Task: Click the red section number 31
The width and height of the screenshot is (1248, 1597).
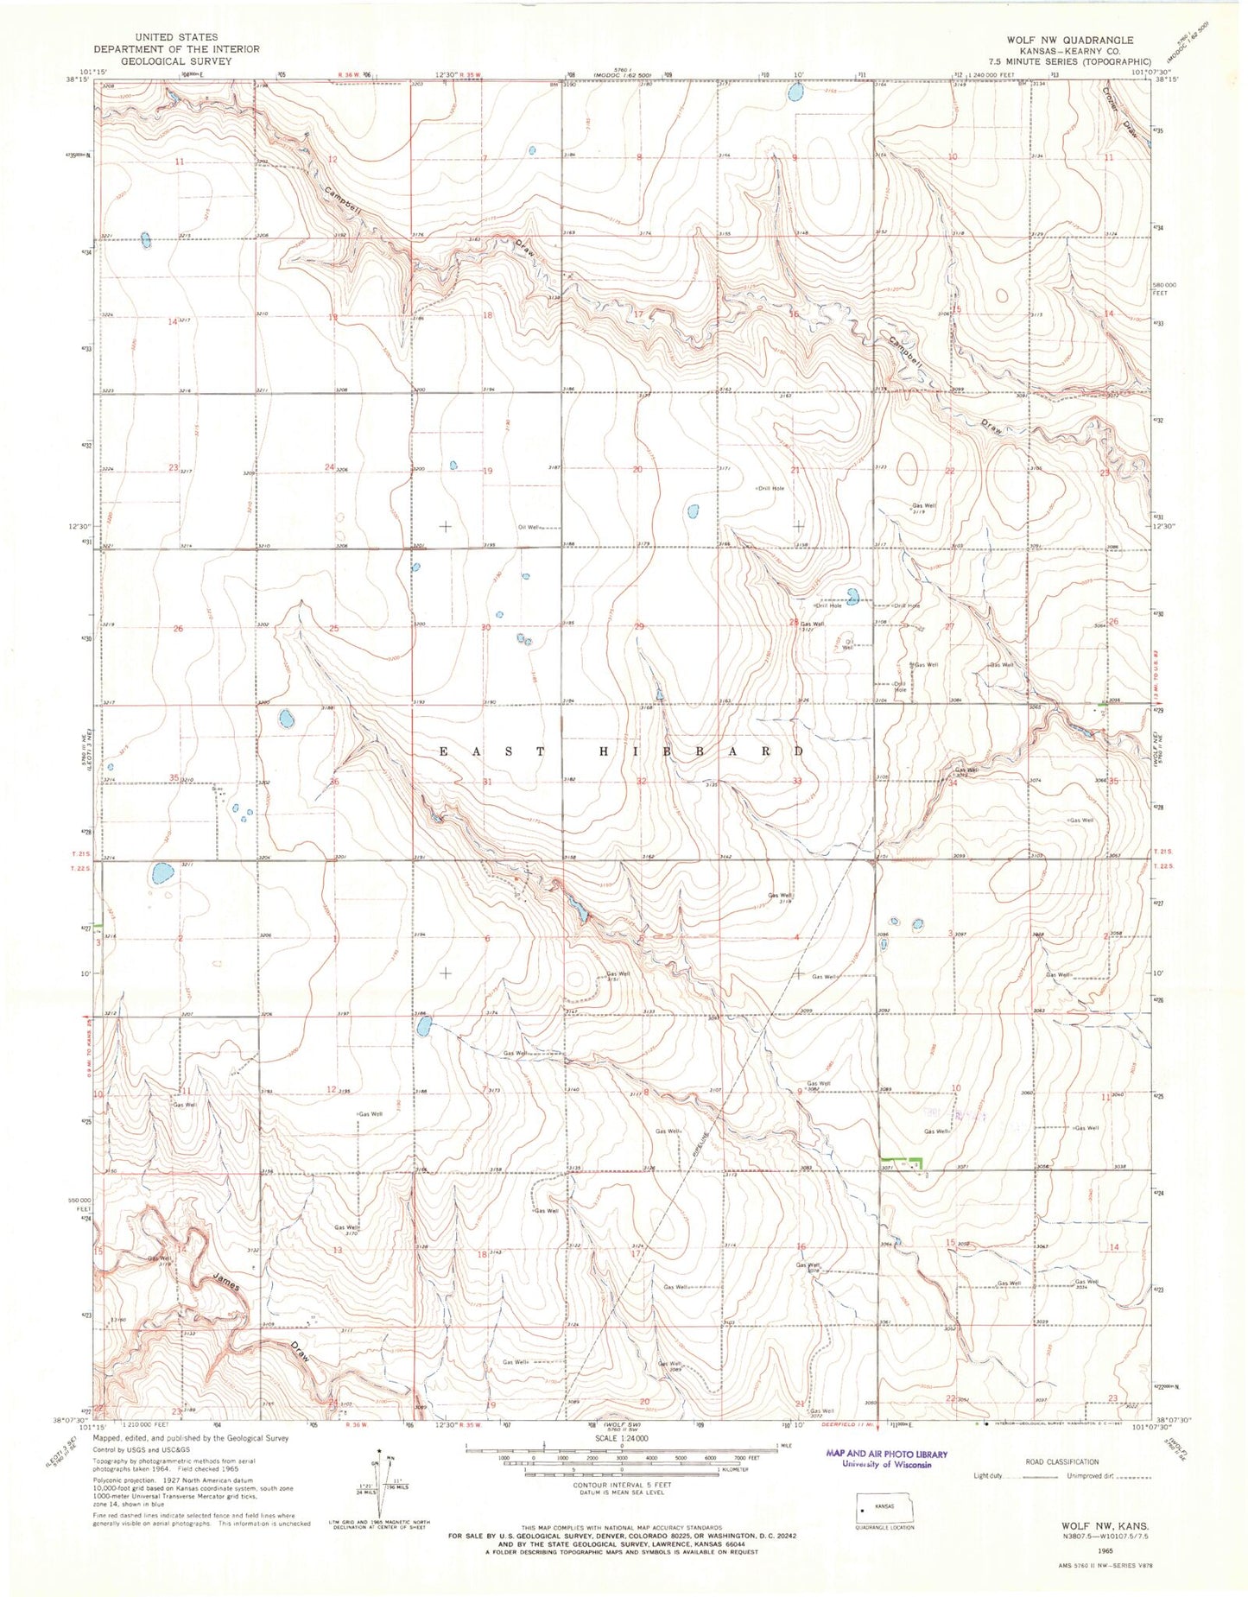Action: [x=488, y=781]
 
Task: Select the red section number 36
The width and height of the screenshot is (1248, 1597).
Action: [x=333, y=782]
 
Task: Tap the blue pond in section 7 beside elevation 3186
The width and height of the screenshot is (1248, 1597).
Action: [x=423, y=1026]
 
